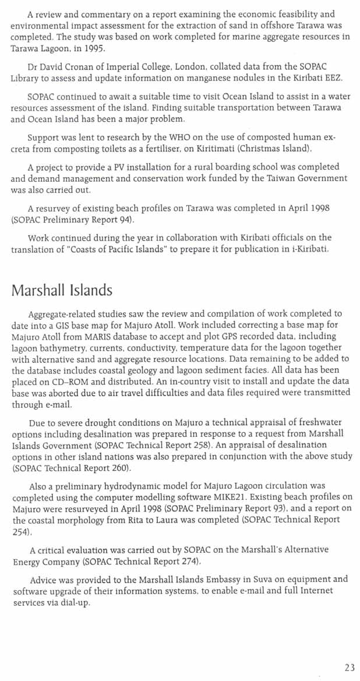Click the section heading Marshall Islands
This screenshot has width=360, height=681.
[x=62, y=290]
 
